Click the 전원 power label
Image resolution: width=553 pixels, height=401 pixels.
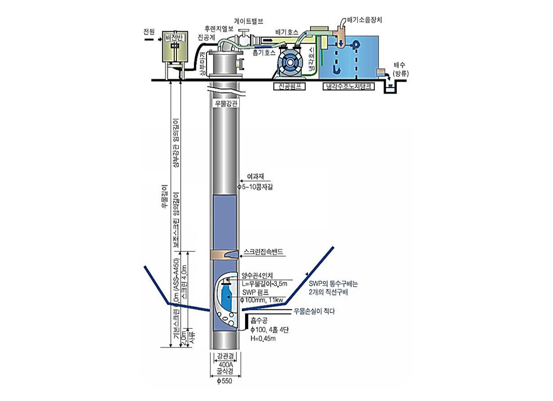point(149,32)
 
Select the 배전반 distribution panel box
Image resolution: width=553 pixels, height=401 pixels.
point(174,53)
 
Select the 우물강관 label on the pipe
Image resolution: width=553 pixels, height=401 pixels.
point(226,103)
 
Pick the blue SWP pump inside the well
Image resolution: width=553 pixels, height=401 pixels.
point(226,299)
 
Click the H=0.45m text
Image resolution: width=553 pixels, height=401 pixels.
point(263,338)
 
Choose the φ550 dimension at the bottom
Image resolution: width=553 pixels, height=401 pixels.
point(225,381)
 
